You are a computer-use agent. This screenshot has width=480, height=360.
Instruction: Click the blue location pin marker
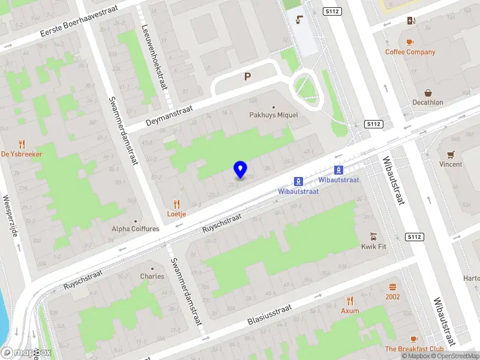[241, 170]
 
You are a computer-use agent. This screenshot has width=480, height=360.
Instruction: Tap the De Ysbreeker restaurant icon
[22, 144]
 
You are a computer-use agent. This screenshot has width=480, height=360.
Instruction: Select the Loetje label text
[176, 213]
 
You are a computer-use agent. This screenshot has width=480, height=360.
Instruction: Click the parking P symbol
[247, 77]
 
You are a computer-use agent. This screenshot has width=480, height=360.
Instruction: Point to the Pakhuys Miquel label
[274, 115]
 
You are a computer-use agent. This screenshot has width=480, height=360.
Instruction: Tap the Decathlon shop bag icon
[428, 93]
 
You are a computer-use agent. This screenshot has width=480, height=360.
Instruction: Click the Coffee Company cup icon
[410, 42]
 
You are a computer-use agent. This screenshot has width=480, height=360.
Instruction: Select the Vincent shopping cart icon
[451, 154]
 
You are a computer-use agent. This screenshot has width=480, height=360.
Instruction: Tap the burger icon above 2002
[392, 287]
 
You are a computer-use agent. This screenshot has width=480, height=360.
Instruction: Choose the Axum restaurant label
[350, 311]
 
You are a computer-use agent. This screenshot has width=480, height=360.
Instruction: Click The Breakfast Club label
[414, 349]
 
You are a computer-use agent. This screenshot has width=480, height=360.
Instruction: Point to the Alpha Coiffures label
[136, 229]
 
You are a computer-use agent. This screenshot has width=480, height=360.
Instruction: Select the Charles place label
[152, 277]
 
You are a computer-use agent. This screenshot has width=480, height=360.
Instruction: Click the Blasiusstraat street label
[269, 313]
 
